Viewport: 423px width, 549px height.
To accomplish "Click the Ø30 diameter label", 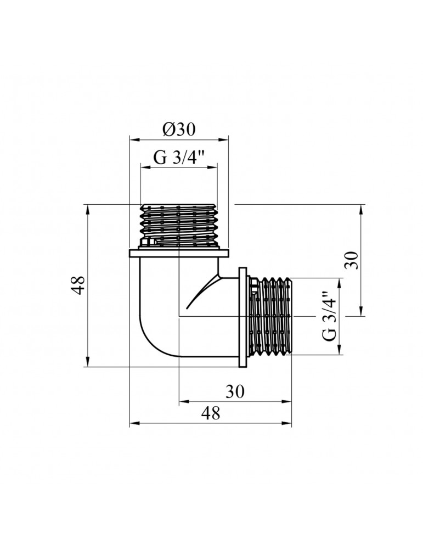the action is click(x=178, y=130).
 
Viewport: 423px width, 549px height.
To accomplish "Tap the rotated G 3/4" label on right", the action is click(x=329, y=315).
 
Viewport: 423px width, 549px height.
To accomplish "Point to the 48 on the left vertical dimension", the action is click(x=78, y=285).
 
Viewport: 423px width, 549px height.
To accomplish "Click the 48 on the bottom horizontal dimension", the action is click(x=211, y=413).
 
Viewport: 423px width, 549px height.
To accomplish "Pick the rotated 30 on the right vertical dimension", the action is click(x=352, y=260).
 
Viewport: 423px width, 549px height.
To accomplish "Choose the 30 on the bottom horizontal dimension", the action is click(x=234, y=391).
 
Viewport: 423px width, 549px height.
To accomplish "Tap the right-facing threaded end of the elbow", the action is click(x=270, y=317).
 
